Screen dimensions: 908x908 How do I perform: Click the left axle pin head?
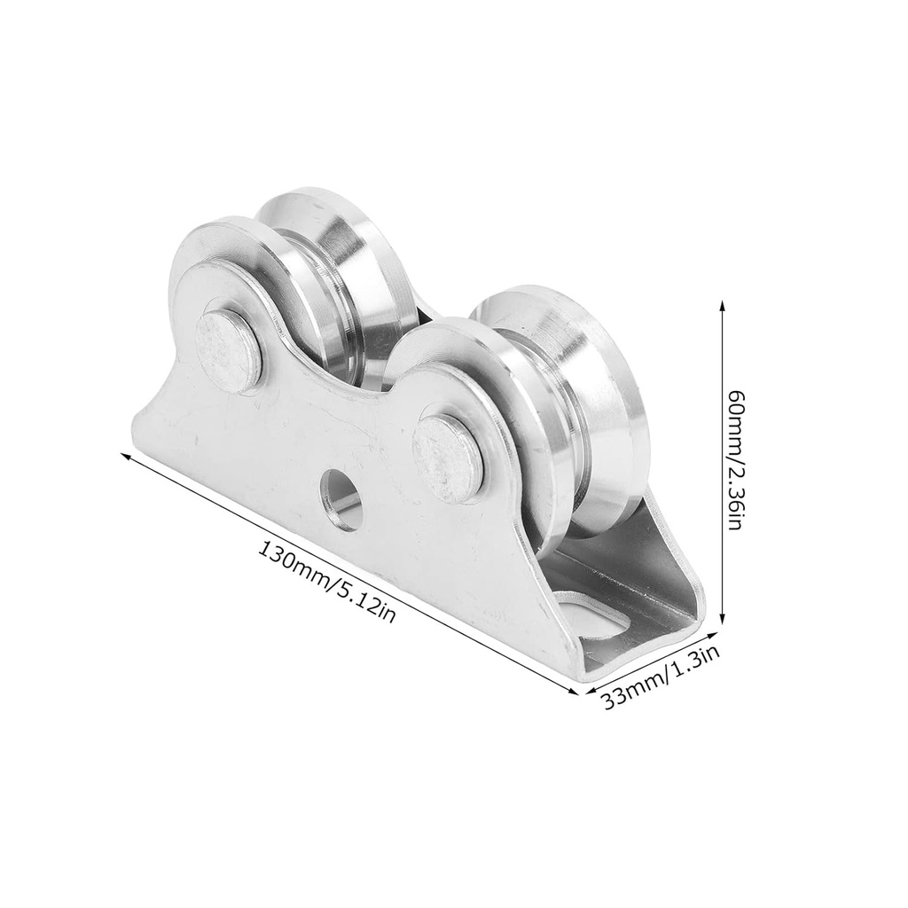click(x=228, y=348)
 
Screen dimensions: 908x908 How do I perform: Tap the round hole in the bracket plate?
click(x=340, y=500)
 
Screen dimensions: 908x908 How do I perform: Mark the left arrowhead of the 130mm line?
click(x=126, y=455)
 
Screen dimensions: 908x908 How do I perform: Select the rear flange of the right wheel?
click(x=585, y=355)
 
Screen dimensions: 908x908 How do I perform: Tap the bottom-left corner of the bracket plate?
click(x=133, y=439)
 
